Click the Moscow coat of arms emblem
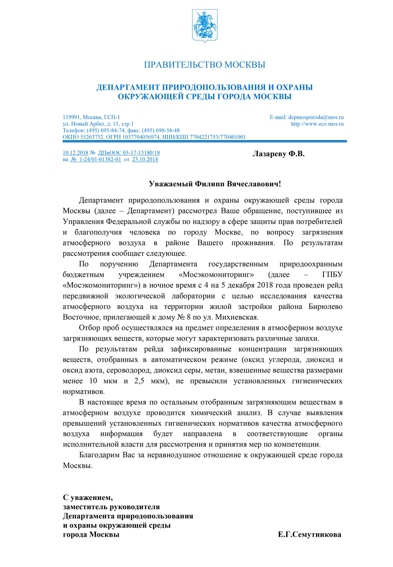pyautogui.click(x=205, y=26)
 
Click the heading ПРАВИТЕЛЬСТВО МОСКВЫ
pyautogui.click(x=205, y=65)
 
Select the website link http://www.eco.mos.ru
pyautogui.click(x=317, y=124)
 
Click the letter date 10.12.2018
pyautogui.click(x=75, y=153)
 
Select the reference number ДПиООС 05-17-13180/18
pyautogui.click(x=129, y=153)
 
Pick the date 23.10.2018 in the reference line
pyautogui.click(x=145, y=159)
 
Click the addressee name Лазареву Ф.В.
pyautogui.click(x=279, y=154)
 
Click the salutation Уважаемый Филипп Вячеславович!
pyautogui.click(x=215, y=184)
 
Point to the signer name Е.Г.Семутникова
pyautogui.click(x=309, y=535)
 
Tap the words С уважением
pyautogui.click(x=88, y=497)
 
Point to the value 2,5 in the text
pyautogui.click(x=139, y=381)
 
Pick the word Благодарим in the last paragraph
pyautogui.click(x=99, y=455)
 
